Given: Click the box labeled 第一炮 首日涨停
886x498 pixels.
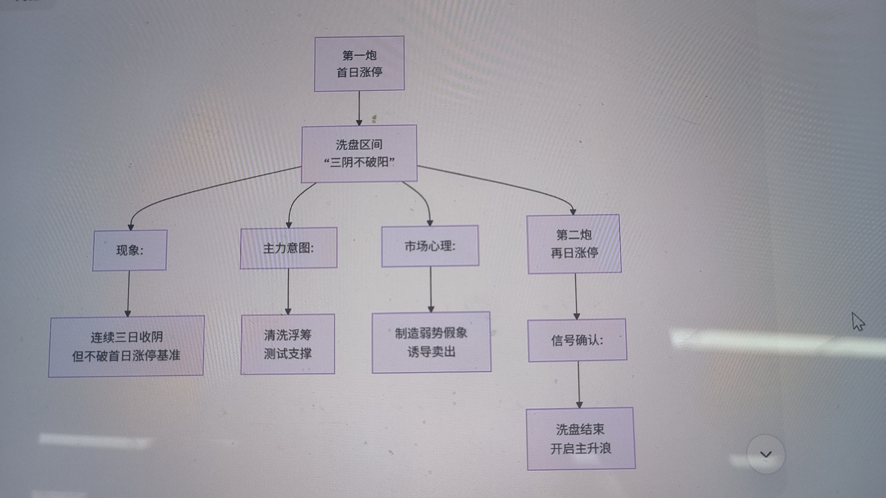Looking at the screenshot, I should coord(359,64).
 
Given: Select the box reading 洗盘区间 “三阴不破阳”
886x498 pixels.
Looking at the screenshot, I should coord(359,154).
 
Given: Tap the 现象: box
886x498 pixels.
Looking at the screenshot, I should coord(130,250).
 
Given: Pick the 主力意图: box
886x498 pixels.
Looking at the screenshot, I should coord(288,248).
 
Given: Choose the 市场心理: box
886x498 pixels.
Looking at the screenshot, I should coord(430,246).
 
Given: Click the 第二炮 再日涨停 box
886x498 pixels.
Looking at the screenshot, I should coord(574,244).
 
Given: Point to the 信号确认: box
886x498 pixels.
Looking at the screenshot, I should coord(577,340).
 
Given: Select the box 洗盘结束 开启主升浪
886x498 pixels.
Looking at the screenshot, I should coord(581,439).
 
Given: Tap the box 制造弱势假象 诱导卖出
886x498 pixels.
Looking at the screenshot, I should coord(431,342).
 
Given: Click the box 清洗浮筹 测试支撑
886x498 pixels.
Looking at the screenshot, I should coord(287,344).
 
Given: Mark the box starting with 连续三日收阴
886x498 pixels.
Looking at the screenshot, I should coord(126,346).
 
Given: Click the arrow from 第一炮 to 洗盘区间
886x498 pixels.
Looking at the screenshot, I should coord(359,108).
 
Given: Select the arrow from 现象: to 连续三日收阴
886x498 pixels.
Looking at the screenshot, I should coord(128,293).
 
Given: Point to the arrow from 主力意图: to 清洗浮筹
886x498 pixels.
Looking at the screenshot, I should coord(288,291).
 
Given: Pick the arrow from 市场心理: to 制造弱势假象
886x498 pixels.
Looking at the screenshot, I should coord(431,289).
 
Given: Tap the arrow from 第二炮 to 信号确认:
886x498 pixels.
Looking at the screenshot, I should coord(576,296).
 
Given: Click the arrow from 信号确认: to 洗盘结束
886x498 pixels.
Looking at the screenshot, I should coord(579,384).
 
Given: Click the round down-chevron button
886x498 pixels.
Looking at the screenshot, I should coord(766,454).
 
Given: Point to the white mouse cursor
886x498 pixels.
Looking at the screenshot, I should coord(857,321).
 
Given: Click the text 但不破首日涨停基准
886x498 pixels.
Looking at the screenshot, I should coord(126,356).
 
